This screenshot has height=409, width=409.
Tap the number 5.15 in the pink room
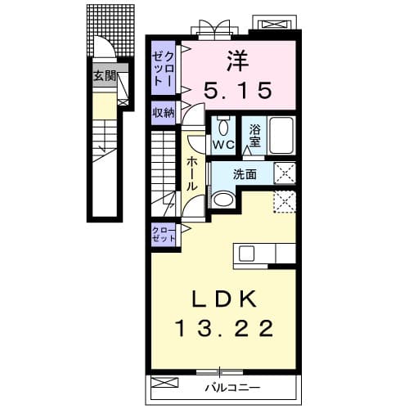click(x=238, y=90)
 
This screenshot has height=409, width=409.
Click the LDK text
click(x=224, y=299)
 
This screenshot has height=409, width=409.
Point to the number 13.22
click(x=224, y=328)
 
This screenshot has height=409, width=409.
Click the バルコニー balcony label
click(x=232, y=387)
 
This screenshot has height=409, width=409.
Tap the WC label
click(x=223, y=145)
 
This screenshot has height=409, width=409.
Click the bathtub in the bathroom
click(x=281, y=135)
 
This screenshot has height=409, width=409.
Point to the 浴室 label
click(x=254, y=136)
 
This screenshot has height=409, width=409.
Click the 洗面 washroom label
click(x=245, y=174)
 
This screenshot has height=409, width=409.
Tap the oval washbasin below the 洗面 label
click(x=224, y=200)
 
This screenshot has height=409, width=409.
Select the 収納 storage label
click(x=163, y=113)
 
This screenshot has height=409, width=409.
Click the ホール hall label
click(x=192, y=173)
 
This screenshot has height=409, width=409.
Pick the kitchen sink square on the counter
click(x=246, y=254)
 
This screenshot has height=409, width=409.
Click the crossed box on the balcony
click(x=164, y=382)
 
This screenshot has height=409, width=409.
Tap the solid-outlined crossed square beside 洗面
click(x=285, y=173)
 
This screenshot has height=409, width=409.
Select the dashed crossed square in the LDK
click(x=285, y=202)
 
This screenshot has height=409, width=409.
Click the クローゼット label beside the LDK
click(x=164, y=235)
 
